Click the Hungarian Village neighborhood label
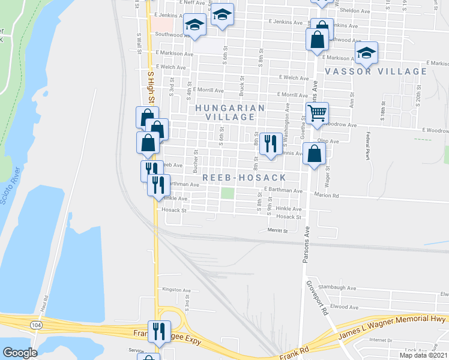[229, 112]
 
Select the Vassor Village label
[376, 71]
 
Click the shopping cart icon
[317, 112]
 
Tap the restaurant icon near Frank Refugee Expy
[159, 332]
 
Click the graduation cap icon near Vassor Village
[366, 53]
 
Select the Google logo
[20, 352]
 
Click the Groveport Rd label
[318, 298]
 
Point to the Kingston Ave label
[176, 290]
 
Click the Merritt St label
[278, 230]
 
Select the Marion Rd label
[327, 195]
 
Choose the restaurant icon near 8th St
[270, 143]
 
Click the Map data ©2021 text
[422, 355]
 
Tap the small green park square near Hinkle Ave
[227, 193]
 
